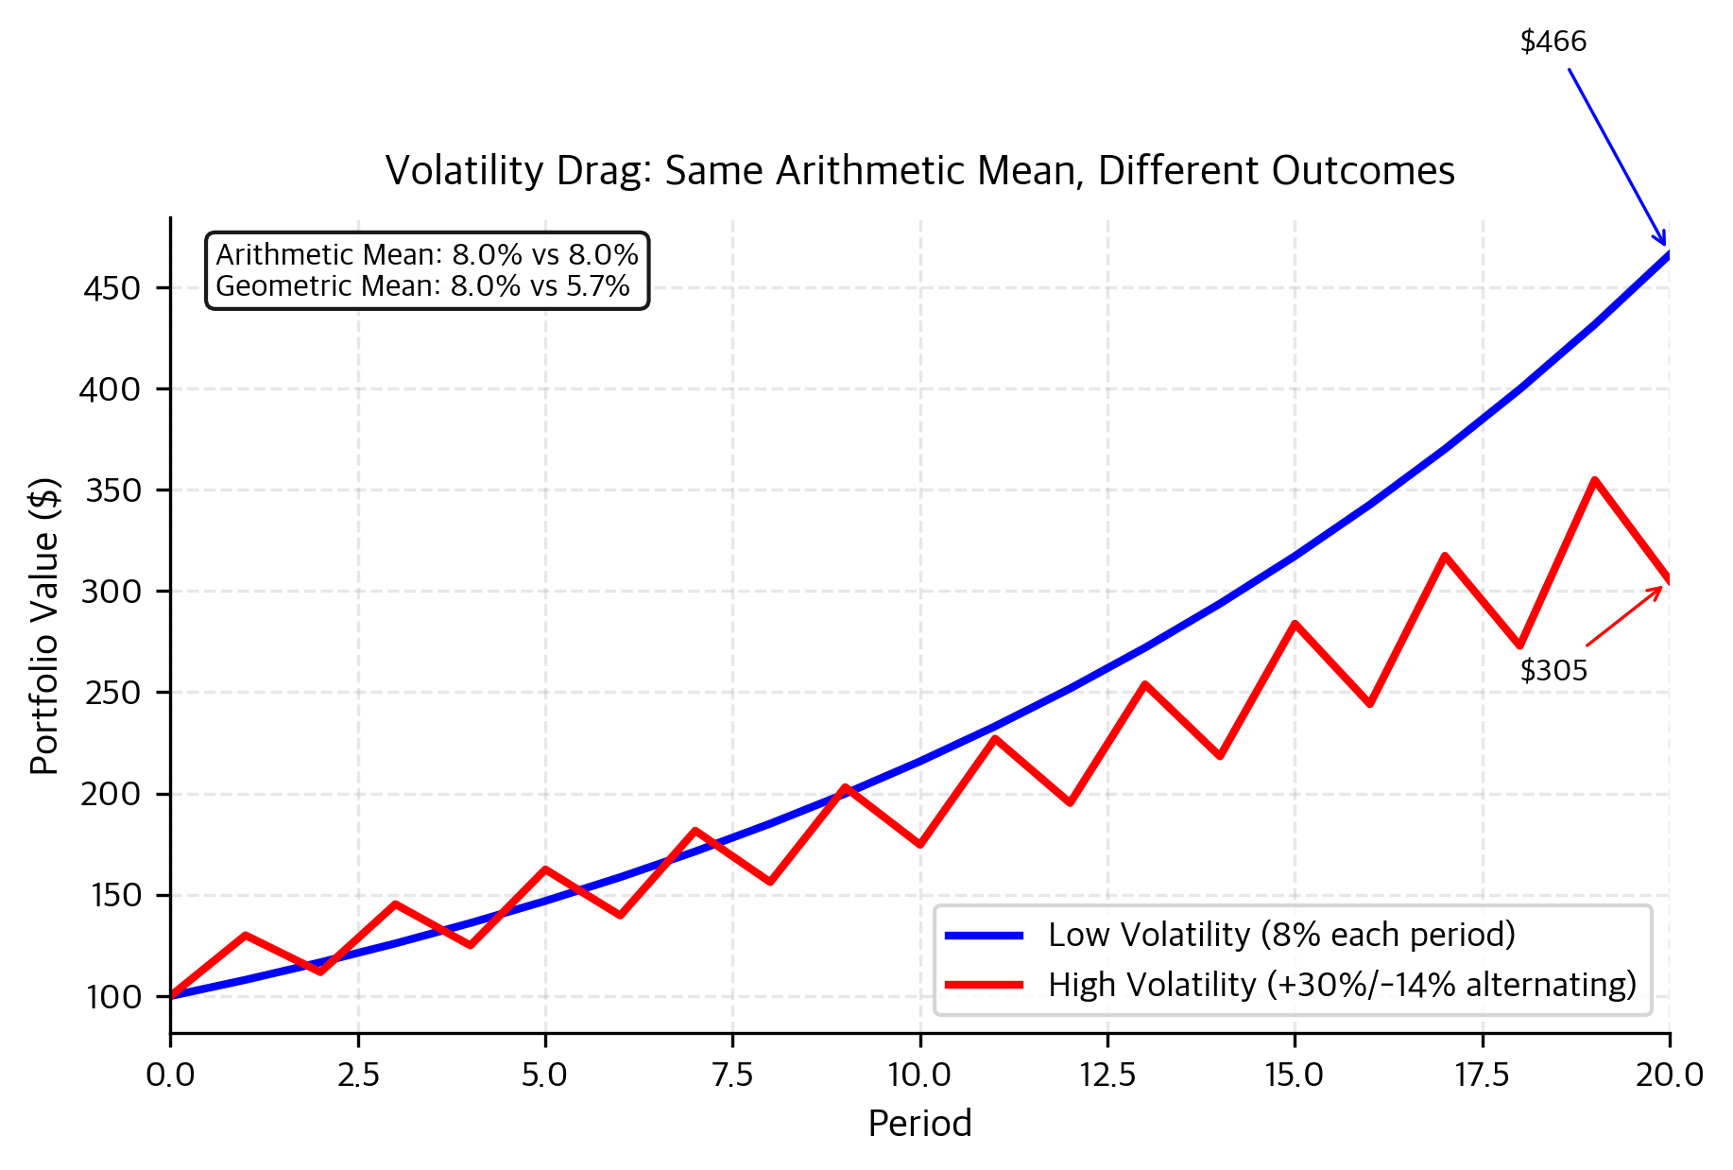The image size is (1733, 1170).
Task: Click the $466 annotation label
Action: pos(1553,42)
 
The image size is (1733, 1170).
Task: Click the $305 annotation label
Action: pos(1553,671)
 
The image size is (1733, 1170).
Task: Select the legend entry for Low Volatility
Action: pos(1280,935)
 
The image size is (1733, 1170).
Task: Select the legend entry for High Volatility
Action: pos(1341,985)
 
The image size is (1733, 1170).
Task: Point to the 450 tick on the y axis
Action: pos(112,288)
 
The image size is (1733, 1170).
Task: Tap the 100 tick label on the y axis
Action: pos(113,997)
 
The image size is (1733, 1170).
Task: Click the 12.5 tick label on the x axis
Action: pos(1107,1075)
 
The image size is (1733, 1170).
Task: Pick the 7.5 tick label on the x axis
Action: pos(732,1075)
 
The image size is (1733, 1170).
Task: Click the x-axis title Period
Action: pos(919,1124)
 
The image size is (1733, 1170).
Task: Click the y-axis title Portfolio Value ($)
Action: pos(44,627)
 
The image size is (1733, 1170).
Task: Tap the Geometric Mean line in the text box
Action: pos(422,286)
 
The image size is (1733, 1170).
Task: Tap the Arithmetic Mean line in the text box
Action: pos(427,255)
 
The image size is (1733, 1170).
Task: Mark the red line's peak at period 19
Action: pos(1594,480)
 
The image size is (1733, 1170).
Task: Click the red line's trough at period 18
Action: pos(1519,646)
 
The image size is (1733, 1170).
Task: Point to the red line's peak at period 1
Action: pos(246,935)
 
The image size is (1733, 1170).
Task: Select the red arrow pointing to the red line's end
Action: pos(1623,617)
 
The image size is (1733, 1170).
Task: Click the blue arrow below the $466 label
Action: pos(1617,156)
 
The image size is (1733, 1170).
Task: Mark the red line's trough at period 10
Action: pos(919,845)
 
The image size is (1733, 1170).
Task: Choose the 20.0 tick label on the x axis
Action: pos(1669,1075)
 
